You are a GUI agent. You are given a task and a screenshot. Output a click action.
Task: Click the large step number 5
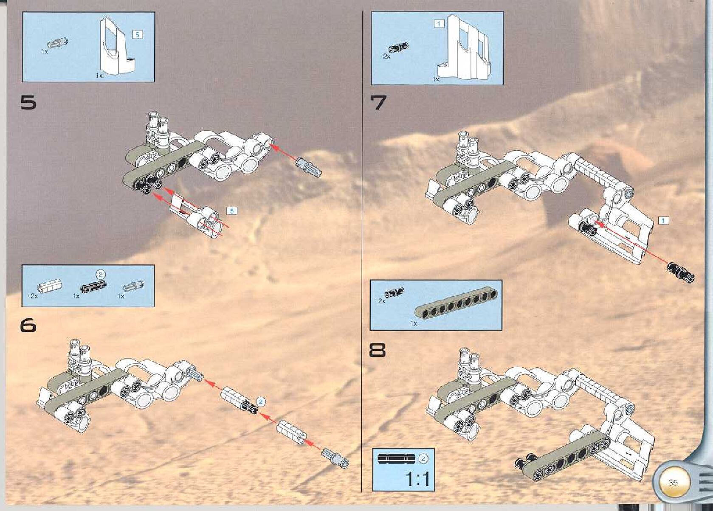tap(28, 103)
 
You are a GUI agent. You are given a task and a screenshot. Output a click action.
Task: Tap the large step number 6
tap(28, 325)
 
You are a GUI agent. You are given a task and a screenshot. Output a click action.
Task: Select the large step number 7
tap(378, 103)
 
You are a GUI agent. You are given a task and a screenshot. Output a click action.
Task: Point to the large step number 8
tap(378, 351)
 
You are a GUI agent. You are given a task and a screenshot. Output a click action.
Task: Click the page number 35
tap(673, 483)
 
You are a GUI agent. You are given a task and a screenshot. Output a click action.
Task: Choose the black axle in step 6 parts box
tap(94, 287)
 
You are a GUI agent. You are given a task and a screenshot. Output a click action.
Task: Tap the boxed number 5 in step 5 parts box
tap(137, 35)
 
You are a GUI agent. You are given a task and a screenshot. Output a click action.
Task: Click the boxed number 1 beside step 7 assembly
tap(663, 220)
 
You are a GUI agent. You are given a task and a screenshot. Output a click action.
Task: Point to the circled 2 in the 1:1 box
tap(423, 458)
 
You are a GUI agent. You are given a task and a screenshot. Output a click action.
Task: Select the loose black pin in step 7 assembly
tap(680, 272)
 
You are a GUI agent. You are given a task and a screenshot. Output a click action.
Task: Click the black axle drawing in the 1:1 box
tap(397, 458)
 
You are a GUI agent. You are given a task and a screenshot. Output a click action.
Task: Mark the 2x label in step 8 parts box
tap(382, 300)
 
